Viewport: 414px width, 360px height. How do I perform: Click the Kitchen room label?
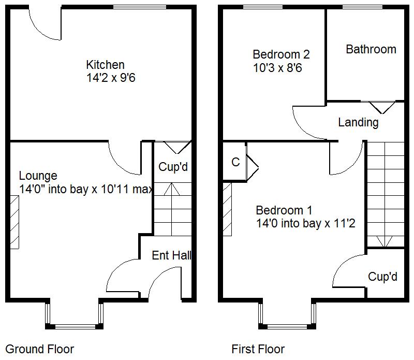coord(105,65)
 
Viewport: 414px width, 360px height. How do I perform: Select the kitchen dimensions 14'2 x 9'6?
coord(111,78)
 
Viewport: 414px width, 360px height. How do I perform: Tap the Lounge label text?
coord(38,176)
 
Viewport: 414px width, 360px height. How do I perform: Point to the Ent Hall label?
coord(171,255)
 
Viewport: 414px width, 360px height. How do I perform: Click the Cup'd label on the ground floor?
coord(173,167)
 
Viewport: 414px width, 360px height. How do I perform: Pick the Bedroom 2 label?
coord(280,54)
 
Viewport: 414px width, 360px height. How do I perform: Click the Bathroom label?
coord(371,49)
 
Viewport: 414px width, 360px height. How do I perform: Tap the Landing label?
coord(358,122)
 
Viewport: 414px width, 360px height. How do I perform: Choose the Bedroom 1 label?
coord(284,210)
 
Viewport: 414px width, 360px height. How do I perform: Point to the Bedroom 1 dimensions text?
coord(305,224)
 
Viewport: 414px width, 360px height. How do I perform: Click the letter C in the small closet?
coord(235,163)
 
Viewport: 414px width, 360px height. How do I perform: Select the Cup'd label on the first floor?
coord(382,277)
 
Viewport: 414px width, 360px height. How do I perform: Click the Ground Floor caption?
coord(39,349)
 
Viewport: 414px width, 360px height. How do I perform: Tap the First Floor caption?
coord(258,349)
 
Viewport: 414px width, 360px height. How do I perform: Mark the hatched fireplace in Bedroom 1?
coord(227,208)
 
